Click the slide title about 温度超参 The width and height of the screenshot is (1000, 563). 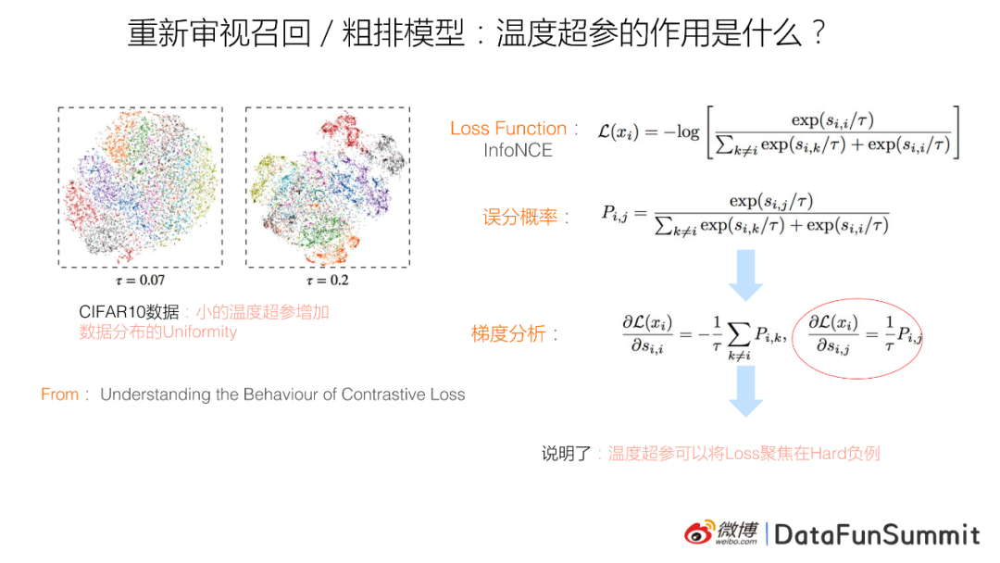coord(476,35)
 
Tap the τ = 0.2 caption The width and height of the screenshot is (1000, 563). coord(327,279)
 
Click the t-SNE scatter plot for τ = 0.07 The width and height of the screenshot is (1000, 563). coord(140,188)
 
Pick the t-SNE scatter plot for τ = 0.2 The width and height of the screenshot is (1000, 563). coord(327,188)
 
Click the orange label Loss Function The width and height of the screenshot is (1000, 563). coord(509,129)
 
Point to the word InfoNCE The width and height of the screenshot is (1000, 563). coord(518,149)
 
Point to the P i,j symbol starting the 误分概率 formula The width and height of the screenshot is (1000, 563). coord(617,215)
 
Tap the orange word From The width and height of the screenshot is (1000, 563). coord(59,394)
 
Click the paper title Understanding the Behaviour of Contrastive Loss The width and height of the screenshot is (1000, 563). coord(282,394)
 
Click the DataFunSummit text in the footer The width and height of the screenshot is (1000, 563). coord(877,534)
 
